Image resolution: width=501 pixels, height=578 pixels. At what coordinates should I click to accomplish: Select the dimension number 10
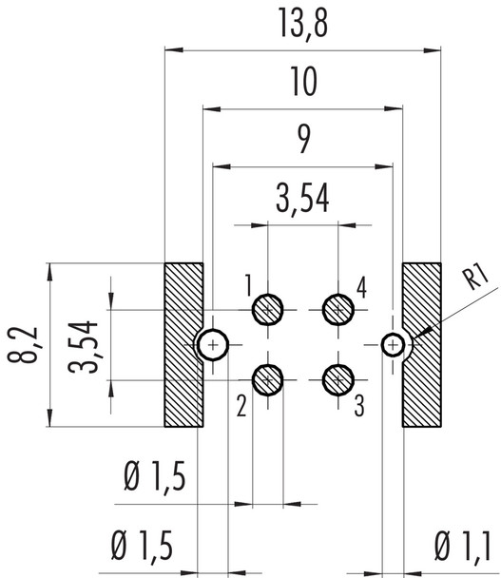click(302, 86)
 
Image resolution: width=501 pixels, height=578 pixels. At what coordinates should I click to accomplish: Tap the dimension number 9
click(302, 144)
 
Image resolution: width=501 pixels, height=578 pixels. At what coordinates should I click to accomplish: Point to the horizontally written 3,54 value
click(302, 201)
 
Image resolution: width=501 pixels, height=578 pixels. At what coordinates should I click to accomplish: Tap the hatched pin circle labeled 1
click(269, 309)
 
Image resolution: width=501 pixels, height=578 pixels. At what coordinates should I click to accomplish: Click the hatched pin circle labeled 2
click(269, 379)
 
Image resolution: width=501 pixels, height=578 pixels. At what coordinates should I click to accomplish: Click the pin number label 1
click(246, 284)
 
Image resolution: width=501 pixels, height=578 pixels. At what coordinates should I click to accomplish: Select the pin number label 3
click(360, 408)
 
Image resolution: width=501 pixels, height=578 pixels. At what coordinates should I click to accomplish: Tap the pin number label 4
click(362, 284)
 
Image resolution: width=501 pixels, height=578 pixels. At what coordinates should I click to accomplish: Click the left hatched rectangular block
click(183, 344)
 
